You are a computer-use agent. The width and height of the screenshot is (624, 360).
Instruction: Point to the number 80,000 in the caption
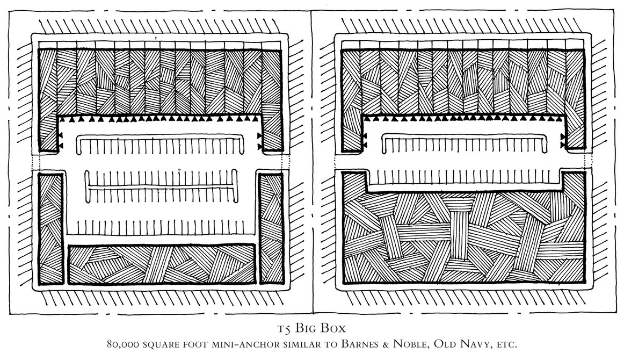pos(122,344)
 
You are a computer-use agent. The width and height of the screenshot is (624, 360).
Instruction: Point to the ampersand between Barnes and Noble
pos(384,344)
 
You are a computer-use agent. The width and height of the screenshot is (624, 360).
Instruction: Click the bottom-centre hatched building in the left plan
pos(162,264)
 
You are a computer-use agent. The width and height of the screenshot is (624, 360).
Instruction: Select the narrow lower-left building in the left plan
pos(50,228)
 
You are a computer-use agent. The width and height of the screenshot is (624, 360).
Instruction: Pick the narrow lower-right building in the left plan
pos(272,228)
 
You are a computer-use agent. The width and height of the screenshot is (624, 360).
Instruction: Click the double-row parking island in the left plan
pos(161,186)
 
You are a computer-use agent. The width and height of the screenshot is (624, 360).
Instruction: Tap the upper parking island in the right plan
pos(464,144)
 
